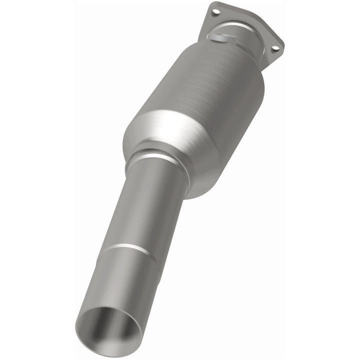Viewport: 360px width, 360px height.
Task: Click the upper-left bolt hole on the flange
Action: click(x=215, y=11)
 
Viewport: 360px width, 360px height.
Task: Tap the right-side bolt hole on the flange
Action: click(x=273, y=48)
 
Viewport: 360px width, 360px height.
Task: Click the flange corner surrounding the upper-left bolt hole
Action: click(x=213, y=10)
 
